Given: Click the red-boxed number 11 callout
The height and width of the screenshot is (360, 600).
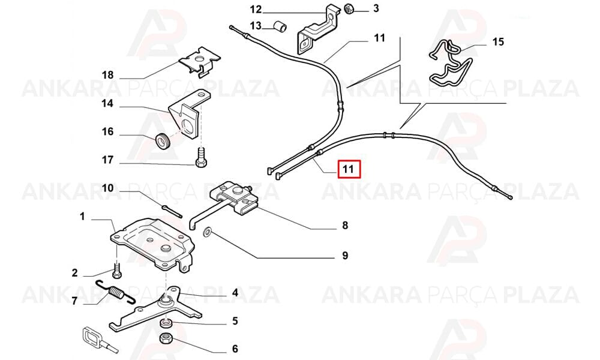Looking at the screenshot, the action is tap(349, 169).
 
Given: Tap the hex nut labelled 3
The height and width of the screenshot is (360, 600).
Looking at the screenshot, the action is tap(349, 9).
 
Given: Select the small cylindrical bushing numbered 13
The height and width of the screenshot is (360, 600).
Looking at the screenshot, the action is tap(280, 27).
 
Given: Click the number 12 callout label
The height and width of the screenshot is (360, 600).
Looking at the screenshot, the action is tap(256, 9).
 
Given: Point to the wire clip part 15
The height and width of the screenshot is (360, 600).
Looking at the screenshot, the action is tap(451, 64).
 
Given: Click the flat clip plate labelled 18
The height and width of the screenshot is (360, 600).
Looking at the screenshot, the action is tap(200, 61).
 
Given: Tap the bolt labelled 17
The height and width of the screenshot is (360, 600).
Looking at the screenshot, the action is tap(201, 158).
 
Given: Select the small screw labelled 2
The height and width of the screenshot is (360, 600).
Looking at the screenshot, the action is tap(117, 269).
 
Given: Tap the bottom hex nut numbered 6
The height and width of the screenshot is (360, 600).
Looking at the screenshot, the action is tap(166, 338).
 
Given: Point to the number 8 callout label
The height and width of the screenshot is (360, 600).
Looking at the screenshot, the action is tap(345, 226).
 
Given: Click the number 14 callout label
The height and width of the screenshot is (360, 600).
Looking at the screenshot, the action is tap(107, 103).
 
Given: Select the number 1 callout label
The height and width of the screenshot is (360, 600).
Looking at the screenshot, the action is tap(82, 217).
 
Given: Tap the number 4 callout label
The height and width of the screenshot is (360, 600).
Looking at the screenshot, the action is tap(235, 293).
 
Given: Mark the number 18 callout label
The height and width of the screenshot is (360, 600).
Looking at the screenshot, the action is tap(107, 74).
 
